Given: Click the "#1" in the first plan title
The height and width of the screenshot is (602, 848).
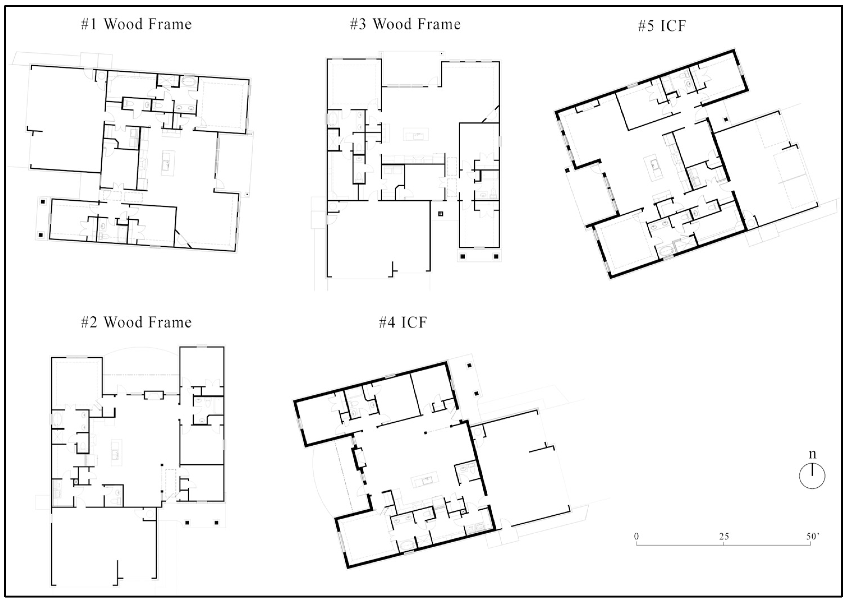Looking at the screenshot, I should tap(89, 24).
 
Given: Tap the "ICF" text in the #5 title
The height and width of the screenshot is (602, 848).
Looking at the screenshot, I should tap(673, 26).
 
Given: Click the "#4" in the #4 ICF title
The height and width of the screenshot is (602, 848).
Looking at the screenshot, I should tap(387, 323).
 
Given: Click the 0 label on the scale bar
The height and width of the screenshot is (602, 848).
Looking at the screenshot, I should tap(636, 536).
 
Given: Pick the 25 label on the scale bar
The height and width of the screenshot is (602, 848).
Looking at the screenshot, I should tap(724, 536).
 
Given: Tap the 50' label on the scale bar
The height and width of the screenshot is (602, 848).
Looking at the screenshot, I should tap(812, 536).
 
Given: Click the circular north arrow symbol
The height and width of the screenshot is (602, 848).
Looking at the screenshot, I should tap(812, 476).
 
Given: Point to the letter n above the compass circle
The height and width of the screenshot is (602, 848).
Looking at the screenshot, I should tap(812, 454).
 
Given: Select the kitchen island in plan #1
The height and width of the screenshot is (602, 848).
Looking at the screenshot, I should tap(168, 163).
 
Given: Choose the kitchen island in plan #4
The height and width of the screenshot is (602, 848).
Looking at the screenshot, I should tap(424, 480).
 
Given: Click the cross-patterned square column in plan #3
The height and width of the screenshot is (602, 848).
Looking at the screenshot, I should tap(441, 214).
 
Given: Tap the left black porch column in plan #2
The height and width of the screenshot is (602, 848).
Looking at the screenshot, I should tap(187, 523).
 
